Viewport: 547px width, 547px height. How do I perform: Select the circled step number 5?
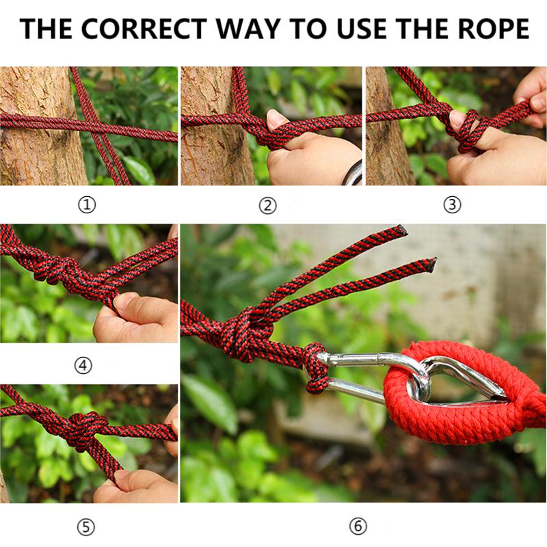point(85,526)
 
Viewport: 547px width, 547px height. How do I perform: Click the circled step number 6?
point(358,526)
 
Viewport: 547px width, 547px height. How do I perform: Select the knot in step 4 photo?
point(58,270)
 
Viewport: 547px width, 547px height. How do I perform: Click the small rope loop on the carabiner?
point(316,368)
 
